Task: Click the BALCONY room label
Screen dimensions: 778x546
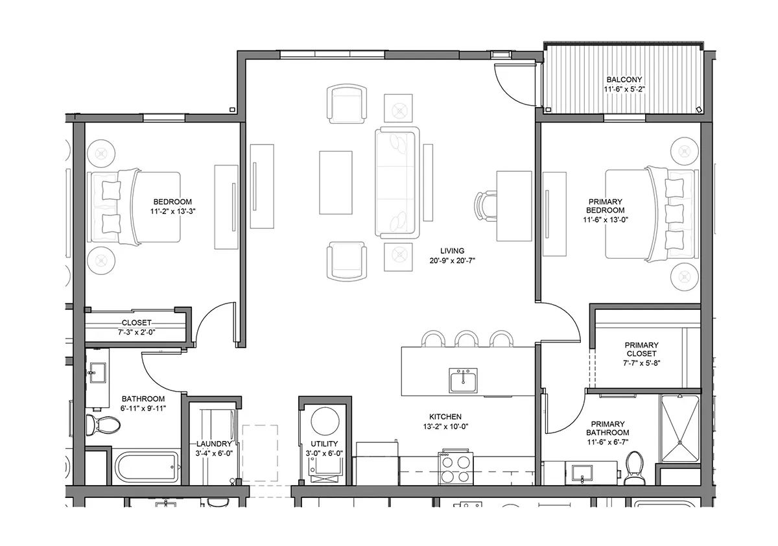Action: [624, 80]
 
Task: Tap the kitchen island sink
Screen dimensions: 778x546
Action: [463, 381]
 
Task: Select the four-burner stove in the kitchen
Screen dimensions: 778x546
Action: [455, 467]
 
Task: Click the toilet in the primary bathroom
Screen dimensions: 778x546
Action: [635, 468]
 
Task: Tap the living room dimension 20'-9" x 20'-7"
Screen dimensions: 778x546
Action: [453, 261]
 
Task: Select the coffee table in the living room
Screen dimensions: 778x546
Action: [336, 183]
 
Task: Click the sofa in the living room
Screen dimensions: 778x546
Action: [397, 183]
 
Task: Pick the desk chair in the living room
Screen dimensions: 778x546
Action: [486, 206]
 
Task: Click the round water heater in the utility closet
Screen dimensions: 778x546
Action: [325, 421]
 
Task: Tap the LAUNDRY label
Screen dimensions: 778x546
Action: [214, 444]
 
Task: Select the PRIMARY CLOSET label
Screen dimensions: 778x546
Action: [641, 349]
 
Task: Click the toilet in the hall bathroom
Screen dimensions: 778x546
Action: [103, 425]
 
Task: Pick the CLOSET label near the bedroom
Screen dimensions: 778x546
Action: [137, 323]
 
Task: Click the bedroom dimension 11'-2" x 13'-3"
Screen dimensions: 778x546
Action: [172, 211]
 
